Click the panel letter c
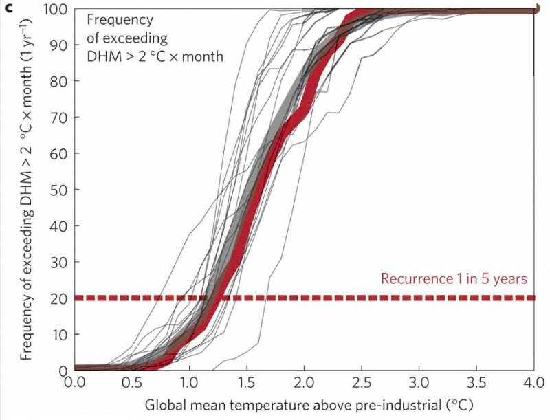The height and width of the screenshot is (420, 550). pos(8,8)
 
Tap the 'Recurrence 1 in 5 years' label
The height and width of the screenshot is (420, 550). pos(454,280)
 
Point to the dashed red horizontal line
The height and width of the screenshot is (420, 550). pos(275,298)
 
